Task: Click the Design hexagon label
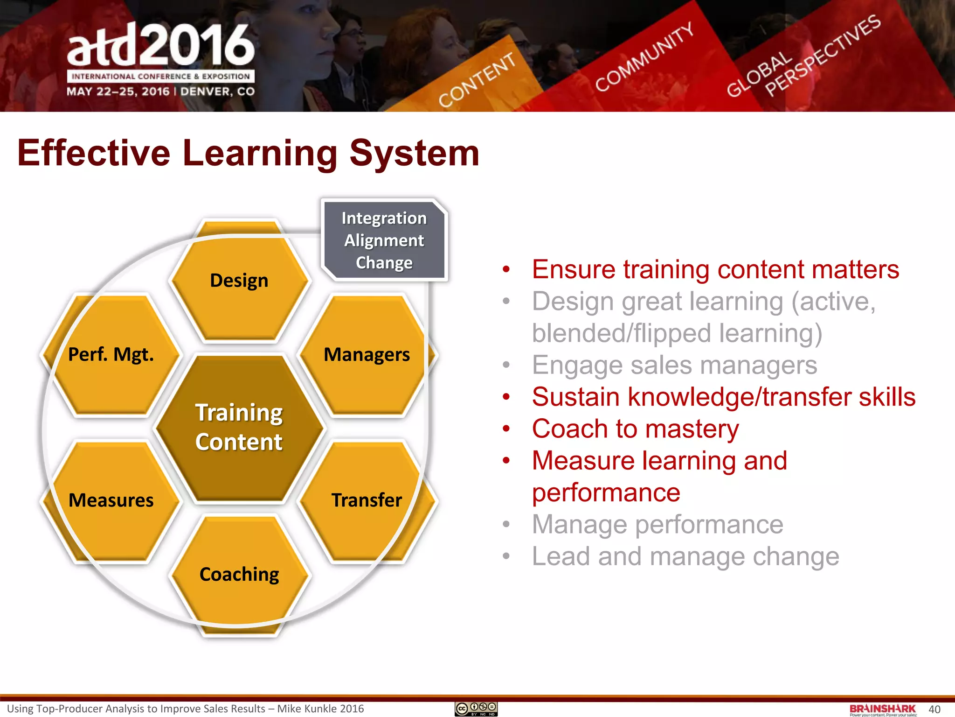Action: pyautogui.click(x=239, y=281)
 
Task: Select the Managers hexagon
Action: pyautogui.click(x=367, y=355)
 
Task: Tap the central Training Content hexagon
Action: pyautogui.click(x=239, y=428)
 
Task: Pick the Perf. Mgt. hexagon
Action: pyautogui.click(x=111, y=355)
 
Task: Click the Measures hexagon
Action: pyautogui.click(x=111, y=500)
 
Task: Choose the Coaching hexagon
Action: pyautogui.click(x=239, y=574)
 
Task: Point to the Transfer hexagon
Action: pyautogui.click(x=367, y=500)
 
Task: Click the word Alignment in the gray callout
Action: pyautogui.click(x=384, y=241)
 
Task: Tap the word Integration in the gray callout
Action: pyautogui.click(x=384, y=218)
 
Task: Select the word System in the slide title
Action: pyautogui.click(x=415, y=154)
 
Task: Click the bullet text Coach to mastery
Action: pyautogui.click(x=635, y=429)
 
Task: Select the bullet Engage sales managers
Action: pyautogui.click(x=674, y=366)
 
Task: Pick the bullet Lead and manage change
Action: pyautogui.click(x=685, y=556)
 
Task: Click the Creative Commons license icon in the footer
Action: pyautogui.click(x=476, y=709)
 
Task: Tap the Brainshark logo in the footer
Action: pyautogui.click(x=883, y=709)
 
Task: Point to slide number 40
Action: pyautogui.click(x=934, y=710)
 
